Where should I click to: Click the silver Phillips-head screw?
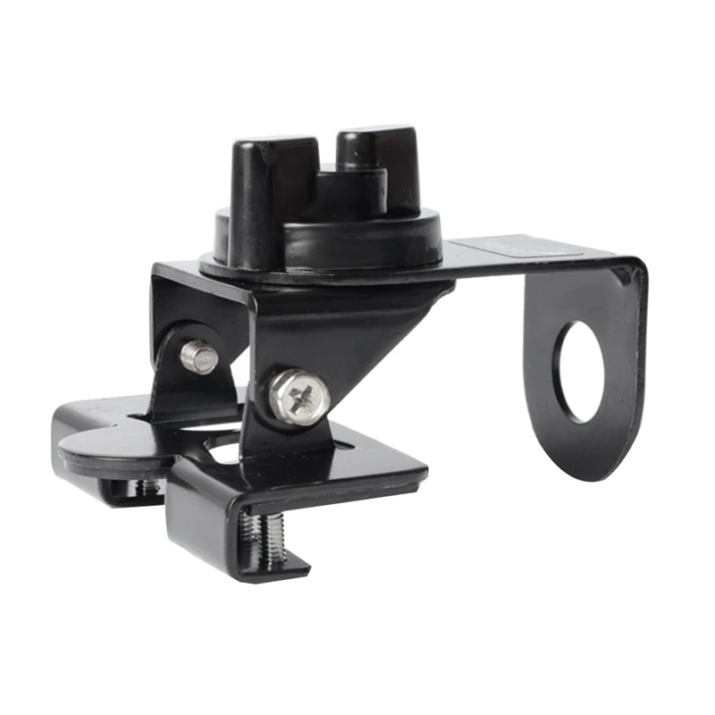pos(298,396)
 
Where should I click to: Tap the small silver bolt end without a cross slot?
pos(199,357)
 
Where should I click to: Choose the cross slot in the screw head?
pos(299,394)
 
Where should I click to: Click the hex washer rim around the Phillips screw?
pos(282,408)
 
